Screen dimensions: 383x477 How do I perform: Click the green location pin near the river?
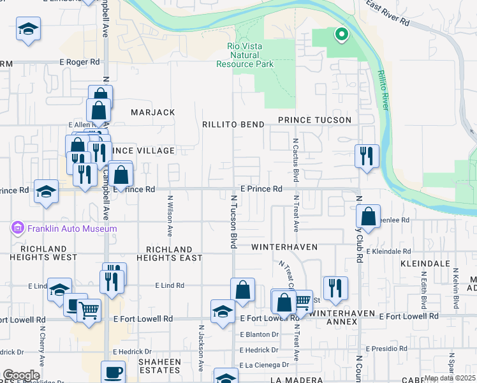(341, 34)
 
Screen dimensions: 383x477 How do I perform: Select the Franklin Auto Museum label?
(71, 229)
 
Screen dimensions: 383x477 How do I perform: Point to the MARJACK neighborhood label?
(152, 112)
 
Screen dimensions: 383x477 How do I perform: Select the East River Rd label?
(387, 13)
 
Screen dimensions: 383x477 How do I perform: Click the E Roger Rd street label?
(80, 63)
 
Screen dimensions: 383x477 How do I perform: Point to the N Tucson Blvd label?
(233, 222)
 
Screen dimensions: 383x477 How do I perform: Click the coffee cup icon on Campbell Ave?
(114, 371)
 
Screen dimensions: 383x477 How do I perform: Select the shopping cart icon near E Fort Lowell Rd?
(89, 310)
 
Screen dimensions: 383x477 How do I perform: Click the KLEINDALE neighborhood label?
(425, 263)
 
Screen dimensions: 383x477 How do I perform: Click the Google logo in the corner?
(20, 375)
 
